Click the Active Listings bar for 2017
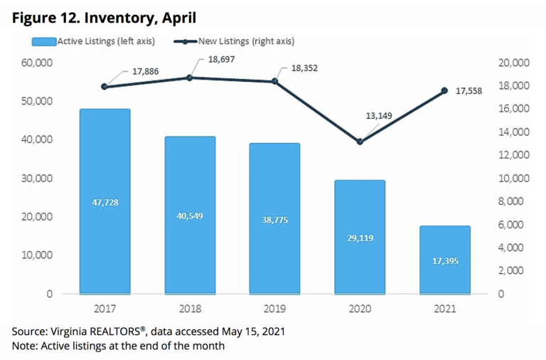click(x=105, y=201)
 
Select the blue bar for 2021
click(x=444, y=260)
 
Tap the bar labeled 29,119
click(x=360, y=236)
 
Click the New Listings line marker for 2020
click(x=360, y=142)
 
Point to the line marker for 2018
click(x=189, y=78)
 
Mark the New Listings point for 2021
click(x=444, y=90)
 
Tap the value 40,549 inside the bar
click(x=189, y=216)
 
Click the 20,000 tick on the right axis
click(x=510, y=63)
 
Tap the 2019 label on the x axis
click(x=274, y=309)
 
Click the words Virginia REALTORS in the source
click(x=93, y=332)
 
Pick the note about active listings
click(x=117, y=346)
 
